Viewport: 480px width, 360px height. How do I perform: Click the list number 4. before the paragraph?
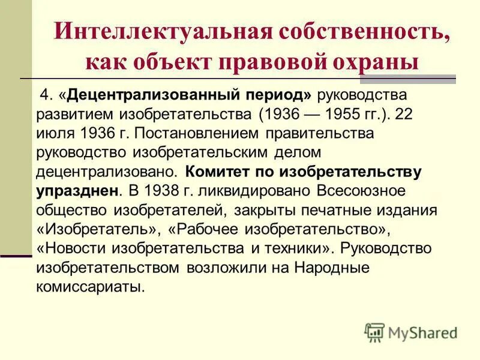click(46, 95)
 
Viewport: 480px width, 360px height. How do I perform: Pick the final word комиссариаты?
click(91, 287)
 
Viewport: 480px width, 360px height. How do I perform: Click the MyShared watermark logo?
click(411, 332)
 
